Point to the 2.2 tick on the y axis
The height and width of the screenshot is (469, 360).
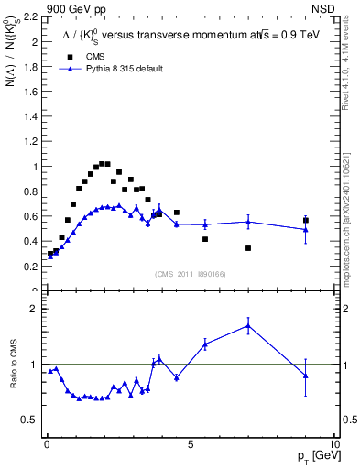[30, 17]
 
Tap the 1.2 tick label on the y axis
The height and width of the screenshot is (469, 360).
[30, 142]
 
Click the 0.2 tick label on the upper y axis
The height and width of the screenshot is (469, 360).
[30, 267]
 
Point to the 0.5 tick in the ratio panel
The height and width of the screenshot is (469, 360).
[30, 420]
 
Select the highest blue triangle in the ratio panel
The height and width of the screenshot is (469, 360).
[248, 325]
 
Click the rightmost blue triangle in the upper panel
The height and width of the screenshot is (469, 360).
[306, 229]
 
